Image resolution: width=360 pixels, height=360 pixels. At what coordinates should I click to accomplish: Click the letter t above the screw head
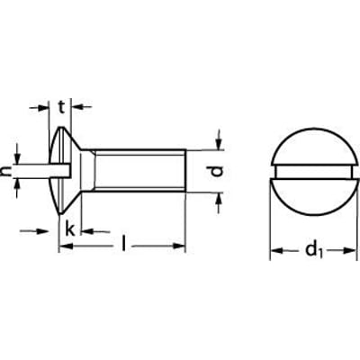pos(62,106)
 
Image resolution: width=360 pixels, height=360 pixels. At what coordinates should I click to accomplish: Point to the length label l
pos(125,243)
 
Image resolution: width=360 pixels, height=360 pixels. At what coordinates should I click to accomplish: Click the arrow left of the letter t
pos(44,107)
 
